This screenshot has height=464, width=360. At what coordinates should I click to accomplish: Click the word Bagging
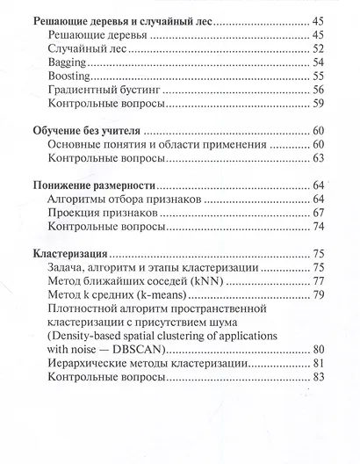(69, 63)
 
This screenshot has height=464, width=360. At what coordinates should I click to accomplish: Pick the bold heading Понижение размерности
(94, 186)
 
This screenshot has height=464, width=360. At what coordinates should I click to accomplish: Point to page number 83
(319, 378)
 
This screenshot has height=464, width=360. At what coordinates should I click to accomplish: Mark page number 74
(319, 227)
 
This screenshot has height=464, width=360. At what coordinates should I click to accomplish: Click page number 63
(319, 158)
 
